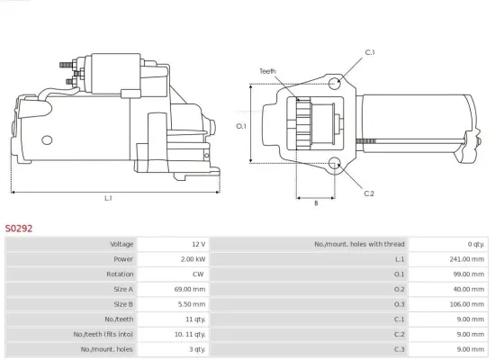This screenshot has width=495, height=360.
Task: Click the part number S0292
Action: (x=19, y=229)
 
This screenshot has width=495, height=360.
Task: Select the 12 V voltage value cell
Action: (x=197, y=244)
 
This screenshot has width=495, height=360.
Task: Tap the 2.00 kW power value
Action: (x=192, y=260)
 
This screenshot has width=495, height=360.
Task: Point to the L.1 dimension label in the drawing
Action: (x=108, y=198)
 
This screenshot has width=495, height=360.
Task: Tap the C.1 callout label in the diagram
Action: (x=369, y=52)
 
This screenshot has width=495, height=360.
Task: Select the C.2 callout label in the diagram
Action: (x=369, y=193)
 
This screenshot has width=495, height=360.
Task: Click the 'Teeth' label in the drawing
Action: (x=267, y=70)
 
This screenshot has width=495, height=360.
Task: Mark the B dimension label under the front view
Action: (x=315, y=203)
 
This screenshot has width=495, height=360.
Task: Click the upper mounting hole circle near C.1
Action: (x=335, y=83)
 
